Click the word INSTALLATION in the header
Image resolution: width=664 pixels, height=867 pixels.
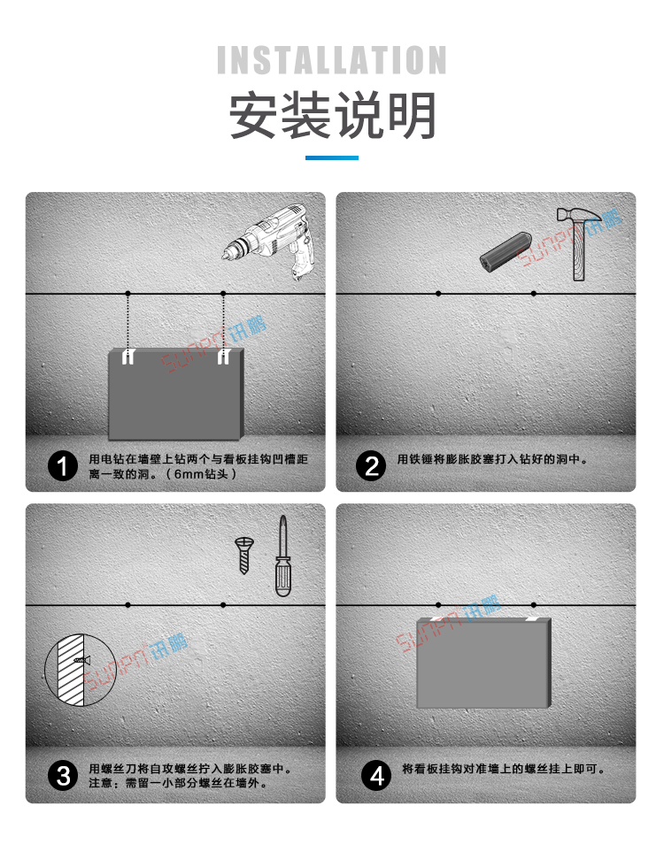pyautogui.click(x=332, y=61)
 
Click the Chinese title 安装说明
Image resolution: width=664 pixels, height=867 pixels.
pyautogui.click(x=332, y=116)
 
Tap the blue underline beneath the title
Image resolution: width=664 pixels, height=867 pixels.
pyautogui.click(x=332, y=157)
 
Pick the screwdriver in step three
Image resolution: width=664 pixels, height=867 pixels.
pyautogui.click(x=282, y=556)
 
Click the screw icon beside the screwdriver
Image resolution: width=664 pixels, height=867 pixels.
pyautogui.click(x=244, y=555)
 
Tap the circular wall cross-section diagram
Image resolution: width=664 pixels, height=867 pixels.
pyautogui.click(x=75, y=669)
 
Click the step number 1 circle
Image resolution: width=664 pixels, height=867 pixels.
pyautogui.click(x=63, y=466)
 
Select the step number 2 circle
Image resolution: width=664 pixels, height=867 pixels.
pyautogui.click(x=373, y=466)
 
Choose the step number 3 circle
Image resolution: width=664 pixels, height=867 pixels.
pyautogui.click(x=63, y=776)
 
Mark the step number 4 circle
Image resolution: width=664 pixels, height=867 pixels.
pyautogui.click(x=378, y=776)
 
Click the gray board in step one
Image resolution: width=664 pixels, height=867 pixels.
pyautogui.click(x=175, y=396)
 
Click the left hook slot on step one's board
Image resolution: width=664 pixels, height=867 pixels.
pyautogui.click(x=128, y=357)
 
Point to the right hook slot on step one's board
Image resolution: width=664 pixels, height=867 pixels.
pyautogui.click(x=223, y=357)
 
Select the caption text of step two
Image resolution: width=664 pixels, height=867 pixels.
pyautogui.click(x=492, y=460)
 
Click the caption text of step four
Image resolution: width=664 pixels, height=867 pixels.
pyautogui.click(x=503, y=770)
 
